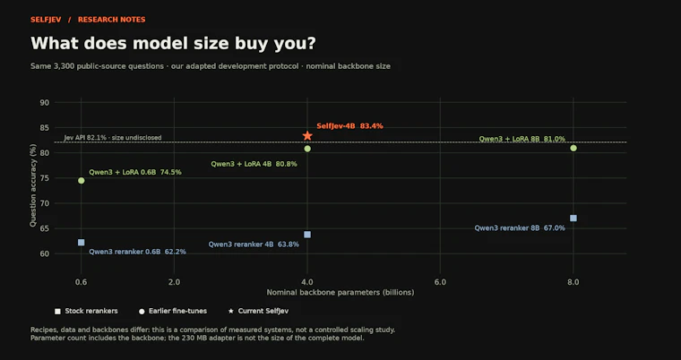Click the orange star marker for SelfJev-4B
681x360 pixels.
click(307, 136)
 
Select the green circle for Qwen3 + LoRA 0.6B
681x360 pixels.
click(82, 181)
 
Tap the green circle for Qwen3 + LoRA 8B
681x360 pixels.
click(573, 148)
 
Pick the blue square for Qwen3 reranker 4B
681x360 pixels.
click(307, 235)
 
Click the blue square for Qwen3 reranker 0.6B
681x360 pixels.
click(82, 243)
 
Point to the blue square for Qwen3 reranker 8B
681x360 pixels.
click(573, 218)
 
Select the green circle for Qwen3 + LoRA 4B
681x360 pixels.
click(307, 149)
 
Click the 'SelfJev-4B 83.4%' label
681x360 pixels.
click(349, 126)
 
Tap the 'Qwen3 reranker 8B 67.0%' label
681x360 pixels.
click(520, 228)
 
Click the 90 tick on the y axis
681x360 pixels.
click(45, 102)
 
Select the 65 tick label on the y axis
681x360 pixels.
click(45, 228)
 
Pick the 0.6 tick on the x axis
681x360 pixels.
click(82, 282)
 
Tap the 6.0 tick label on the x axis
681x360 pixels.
click(440, 282)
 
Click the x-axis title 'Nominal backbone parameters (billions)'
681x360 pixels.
click(340, 293)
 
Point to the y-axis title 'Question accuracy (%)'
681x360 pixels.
click(33, 187)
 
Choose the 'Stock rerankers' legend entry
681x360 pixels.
click(86, 311)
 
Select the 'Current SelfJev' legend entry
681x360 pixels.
click(258, 311)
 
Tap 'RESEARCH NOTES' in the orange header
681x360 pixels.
click(112, 20)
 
